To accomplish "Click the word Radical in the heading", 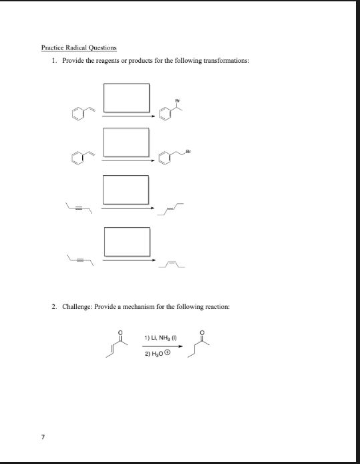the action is coord(71,47).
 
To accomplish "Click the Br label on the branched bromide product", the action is coord(178,100).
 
